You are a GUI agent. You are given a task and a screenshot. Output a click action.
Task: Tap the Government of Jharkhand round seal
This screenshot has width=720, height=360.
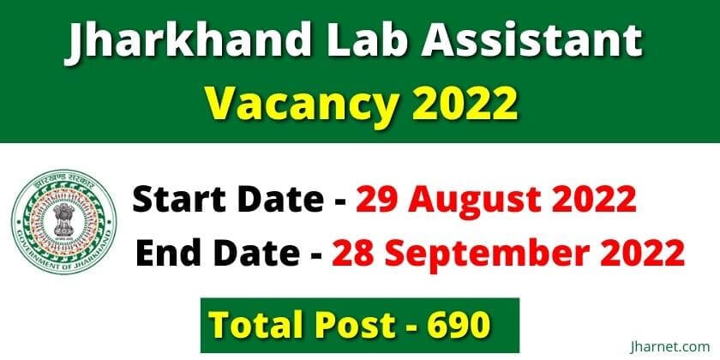pyautogui.click(x=64, y=222)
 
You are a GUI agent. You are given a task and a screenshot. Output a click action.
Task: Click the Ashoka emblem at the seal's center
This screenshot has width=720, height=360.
pyautogui.click(x=64, y=220)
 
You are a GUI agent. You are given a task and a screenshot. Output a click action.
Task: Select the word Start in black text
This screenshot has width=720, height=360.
pyautogui.click(x=182, y=200)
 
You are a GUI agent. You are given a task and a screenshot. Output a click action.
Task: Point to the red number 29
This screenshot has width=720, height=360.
pyautogui.click(x=375, y=201)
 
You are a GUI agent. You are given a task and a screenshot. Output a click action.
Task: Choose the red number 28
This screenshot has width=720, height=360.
pyautogui.click(x=351, y=253)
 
